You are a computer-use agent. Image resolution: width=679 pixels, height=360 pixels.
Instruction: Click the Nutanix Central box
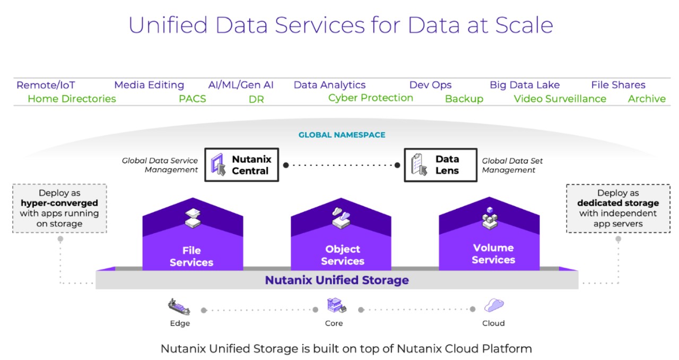242,165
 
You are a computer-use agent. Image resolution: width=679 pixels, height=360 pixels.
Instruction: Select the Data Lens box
437,165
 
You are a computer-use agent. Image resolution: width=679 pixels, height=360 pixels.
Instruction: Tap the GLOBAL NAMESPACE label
342,135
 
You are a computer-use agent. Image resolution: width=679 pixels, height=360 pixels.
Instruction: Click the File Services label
191,256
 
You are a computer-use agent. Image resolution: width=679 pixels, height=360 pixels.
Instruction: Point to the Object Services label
342,255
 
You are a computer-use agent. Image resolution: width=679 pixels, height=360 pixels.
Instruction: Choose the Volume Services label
493,254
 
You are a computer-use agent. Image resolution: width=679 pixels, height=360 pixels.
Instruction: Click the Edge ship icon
179,306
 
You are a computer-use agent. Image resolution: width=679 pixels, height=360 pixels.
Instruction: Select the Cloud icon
493,305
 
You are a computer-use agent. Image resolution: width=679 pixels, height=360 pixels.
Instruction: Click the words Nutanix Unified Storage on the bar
337,280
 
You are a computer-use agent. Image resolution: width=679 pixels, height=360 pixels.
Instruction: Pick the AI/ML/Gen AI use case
241,85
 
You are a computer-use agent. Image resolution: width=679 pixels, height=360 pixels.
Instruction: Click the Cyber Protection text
370,98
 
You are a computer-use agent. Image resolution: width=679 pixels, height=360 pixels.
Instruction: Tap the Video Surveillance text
560,99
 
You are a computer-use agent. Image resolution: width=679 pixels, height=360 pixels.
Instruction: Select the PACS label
192,99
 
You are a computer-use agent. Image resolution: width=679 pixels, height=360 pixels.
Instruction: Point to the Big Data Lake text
524,85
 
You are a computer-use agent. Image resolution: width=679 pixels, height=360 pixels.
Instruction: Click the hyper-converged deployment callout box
59,208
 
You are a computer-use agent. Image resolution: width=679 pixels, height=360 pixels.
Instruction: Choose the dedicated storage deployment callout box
618,208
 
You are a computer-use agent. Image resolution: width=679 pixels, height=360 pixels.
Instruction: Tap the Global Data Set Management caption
512,165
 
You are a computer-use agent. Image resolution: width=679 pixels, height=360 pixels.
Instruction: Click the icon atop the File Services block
191,217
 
